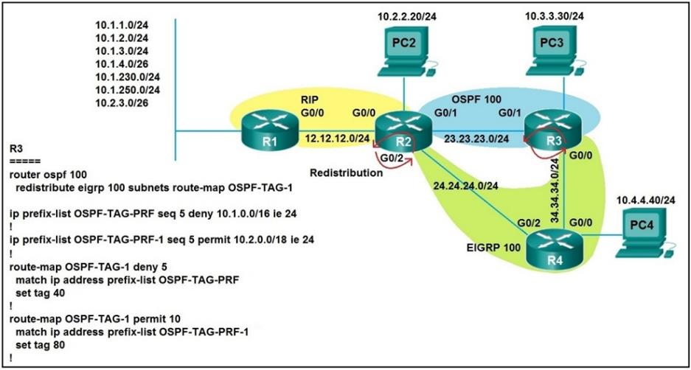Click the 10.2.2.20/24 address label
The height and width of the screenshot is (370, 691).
click(x=404, y=15)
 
